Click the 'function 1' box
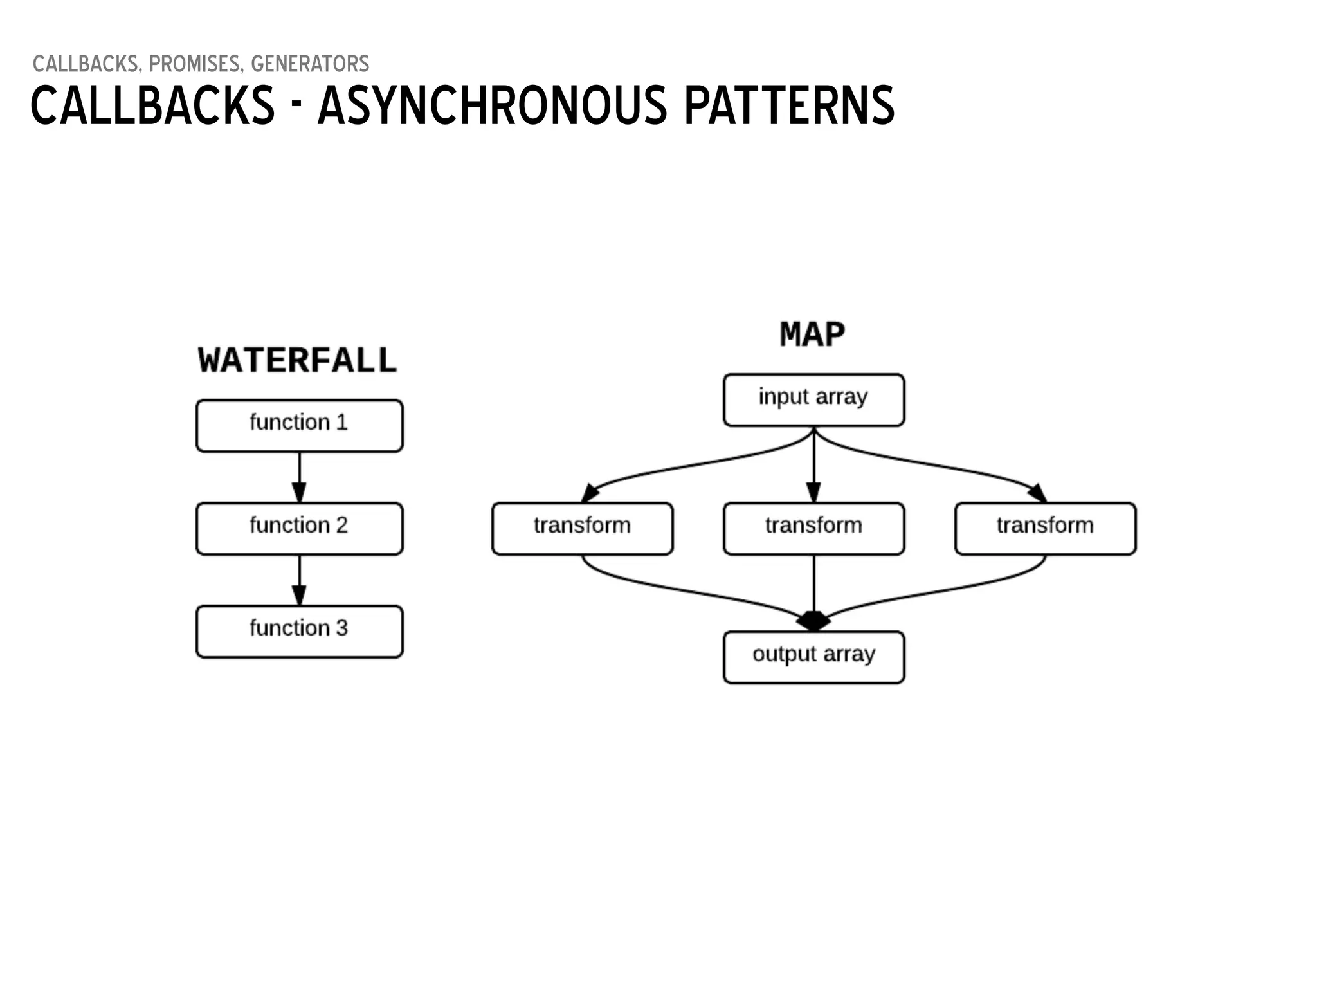[x=299, y=425]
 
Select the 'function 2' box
[x=299, y=528]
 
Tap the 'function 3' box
[x=299, y=631]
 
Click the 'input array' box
[x=813, y=399]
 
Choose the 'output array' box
[x=813, y=657]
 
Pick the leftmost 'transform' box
[x=582, y=528]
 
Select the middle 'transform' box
[x=813, y=528]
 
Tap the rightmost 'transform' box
[x=1045, y=528]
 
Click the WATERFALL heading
[x=297, y=360]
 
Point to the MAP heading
[x=812, y=334]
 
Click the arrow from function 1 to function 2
[x=299, y=477]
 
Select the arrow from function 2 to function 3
[x=299, y=580]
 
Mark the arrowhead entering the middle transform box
[x=813, y=493]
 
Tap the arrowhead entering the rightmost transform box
[x=1037, y=494]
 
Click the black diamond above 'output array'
[x=813, y=621]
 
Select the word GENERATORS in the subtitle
[x=310, y=64]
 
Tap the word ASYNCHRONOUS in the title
[x=493, y=106]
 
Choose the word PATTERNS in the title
[x=789, y=106]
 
